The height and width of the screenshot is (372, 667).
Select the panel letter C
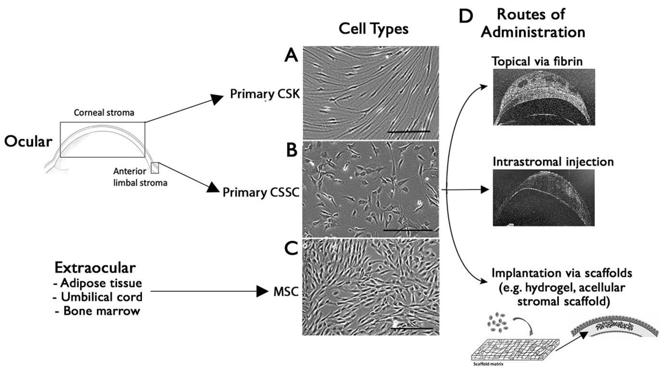click(291, 248)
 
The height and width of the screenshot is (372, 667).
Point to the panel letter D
click(466, 16)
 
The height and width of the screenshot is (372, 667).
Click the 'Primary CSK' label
click(265, 94)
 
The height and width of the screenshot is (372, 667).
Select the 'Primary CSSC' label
click(261, 192)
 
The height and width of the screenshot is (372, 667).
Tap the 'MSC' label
click(286, 292)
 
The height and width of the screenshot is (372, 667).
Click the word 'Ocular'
click(28, 142)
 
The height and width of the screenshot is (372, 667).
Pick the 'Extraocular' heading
click(95, 268)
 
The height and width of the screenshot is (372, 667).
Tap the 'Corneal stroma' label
click(104, 113)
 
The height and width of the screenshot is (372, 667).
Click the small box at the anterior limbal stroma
click(155, 168)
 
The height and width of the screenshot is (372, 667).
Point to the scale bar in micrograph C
click(412, 328)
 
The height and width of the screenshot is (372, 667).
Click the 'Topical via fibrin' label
click(537, 61)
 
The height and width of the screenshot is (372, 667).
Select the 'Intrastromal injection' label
click(553, 162)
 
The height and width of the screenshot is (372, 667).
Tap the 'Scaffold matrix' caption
click(488, 364)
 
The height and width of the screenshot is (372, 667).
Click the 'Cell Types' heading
click(373, 29)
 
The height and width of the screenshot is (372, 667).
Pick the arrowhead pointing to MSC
click(262, 291)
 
